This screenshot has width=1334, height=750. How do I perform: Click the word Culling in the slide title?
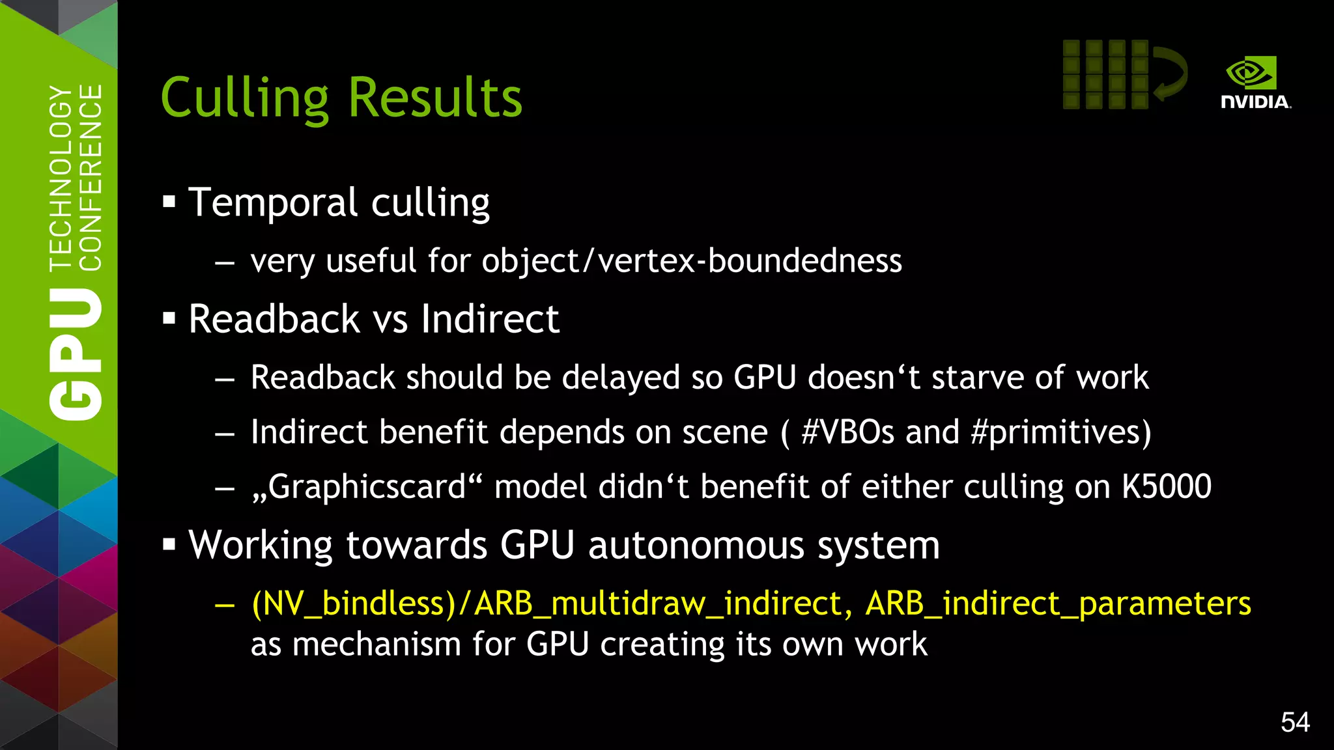click(244, 99)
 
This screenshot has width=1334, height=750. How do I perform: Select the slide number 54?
click(1295, 722)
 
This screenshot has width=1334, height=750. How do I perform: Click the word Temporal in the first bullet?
click(273, 202)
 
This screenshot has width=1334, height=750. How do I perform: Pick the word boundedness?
click(804, 261)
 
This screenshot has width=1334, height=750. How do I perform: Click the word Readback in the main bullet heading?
click(274, 319)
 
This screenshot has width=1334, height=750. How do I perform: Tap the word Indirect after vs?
click(490, 319)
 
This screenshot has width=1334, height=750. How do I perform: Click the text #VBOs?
click(847, 432)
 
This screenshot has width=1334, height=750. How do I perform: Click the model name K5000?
click(1166, 486)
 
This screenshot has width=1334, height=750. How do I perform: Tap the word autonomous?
click(696, 545)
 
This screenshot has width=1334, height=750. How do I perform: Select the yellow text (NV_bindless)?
click(354, 604)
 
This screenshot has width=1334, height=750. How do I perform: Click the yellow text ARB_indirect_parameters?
click(1058, 604)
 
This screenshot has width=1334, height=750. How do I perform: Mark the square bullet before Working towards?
click(169, 544)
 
